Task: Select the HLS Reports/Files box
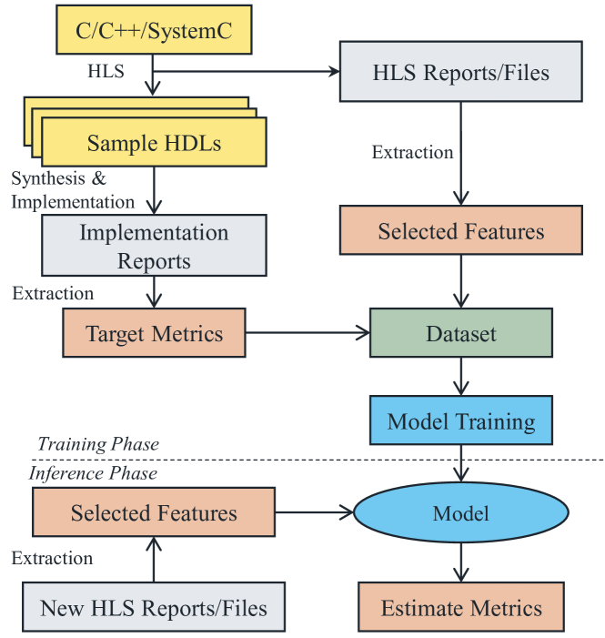click(x=460, y=73)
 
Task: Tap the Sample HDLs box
click(x=154, y=143)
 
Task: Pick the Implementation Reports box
click(x=154, y=246)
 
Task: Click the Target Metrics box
click(x=154, y=333)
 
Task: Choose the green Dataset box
click(x=460, y=333)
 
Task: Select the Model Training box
click(x=460, y=420)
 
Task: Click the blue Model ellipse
click(x=460, y=513)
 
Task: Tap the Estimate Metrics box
click(x=460, y=608)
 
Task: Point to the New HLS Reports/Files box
click(x=154, y=608)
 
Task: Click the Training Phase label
click(x=98, y=445)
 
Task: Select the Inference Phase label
click(x=93, y=473)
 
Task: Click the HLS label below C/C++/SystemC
click(x=107, y=69)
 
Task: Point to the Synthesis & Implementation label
click(x=72, y=190)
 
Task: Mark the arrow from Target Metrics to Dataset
click(x=307, y=333)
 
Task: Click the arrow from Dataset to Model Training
click(x=460, y=375)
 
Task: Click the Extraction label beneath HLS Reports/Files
click(x=412, y=152)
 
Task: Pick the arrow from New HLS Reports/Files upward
click(x=154, y=560)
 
